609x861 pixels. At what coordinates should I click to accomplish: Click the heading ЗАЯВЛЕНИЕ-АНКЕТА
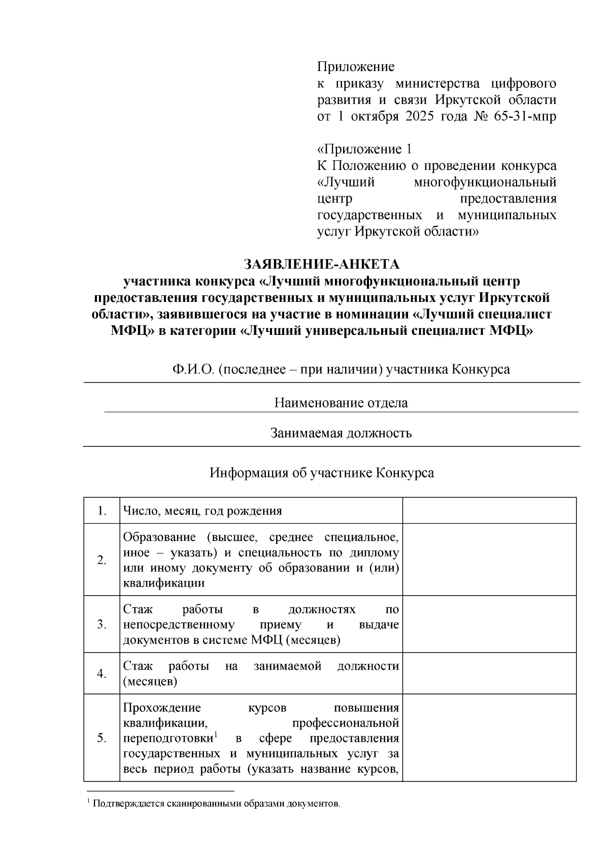click(322, 265)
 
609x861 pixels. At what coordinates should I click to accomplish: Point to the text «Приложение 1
click(364, 149)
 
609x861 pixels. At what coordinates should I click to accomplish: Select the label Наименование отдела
click(341, 403)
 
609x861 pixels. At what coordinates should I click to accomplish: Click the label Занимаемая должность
click(341, 433)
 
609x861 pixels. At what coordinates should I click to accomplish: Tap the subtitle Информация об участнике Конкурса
click(322, 473)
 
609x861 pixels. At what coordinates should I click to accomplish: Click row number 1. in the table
click(101, 511)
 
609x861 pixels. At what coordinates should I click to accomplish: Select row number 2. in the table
click(101, 560)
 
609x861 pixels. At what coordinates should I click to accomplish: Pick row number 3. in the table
click(101, 625)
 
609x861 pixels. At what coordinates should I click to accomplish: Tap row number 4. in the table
click(101, 674)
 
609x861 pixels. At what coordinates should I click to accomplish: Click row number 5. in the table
click(101, 738)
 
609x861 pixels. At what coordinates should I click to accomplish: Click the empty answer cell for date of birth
click(489, 510)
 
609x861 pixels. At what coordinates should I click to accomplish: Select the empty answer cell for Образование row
click(489, 560)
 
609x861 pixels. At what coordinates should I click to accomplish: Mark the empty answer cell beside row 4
click(489, 673)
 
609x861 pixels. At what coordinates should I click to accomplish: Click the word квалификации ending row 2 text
click(164, 583)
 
